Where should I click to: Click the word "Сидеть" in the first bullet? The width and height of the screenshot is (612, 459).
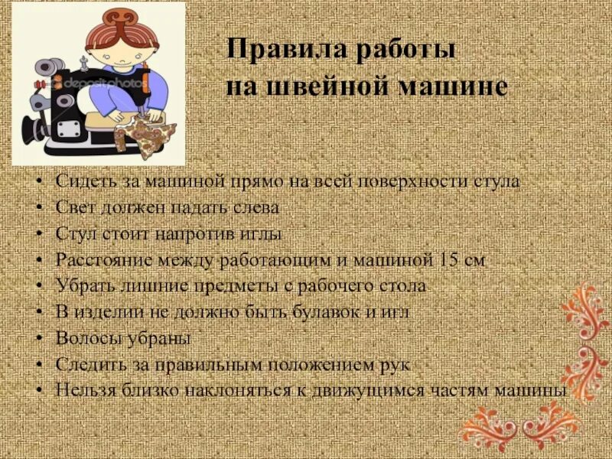pos(82,182)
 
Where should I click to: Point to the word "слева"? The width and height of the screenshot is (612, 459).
pos(254,207)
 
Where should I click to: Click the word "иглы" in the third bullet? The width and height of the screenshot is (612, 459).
pos(263,233)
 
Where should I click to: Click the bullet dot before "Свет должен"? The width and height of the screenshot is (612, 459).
pos(41,208)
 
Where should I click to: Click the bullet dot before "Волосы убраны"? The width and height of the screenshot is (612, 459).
pos(41,339)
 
